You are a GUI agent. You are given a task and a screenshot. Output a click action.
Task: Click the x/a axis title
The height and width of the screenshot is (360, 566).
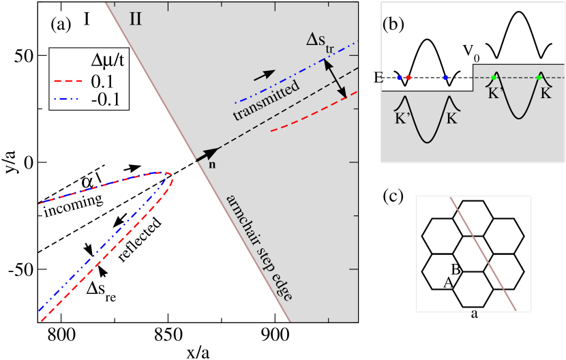click(x=198, y=351)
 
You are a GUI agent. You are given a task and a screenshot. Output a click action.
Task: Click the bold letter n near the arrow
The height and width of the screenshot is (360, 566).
click(x=201, y=167)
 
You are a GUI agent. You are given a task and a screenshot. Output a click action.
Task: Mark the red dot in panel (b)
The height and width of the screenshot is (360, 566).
click(x=408, y=78)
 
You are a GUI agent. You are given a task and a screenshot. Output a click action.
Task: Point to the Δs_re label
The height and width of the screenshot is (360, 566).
click(x=102, y=288)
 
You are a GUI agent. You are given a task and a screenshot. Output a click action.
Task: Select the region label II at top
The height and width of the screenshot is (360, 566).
click(x=136, y=19)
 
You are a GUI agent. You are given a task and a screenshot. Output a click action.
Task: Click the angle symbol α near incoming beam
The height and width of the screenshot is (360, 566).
click(x=86, y=181)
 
